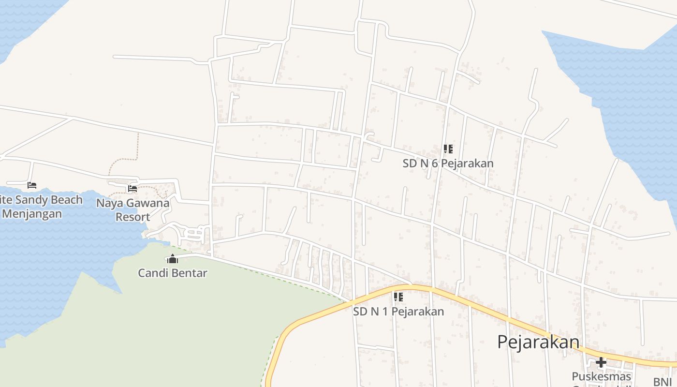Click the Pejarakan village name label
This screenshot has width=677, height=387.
[x=538, y=342]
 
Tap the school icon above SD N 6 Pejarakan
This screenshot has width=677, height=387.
[x=448, y=149]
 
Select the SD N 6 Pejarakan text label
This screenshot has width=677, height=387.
[x=448, y=164]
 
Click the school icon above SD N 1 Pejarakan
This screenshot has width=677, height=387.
[x=398, y=297]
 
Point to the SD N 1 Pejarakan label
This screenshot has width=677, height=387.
[x=398, y=312]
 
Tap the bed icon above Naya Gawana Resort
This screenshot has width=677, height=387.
[x=132, y=189]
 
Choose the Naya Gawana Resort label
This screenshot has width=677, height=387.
[x=132, y=209]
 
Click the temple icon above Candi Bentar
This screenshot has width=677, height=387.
[x=173, y=259]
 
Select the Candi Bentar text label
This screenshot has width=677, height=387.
[x=173, y=273]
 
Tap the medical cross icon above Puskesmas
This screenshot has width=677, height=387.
[x=601, y=362]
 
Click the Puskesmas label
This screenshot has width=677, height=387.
[x=601, y=376]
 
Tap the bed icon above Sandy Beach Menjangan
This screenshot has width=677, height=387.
[x=32, y=185]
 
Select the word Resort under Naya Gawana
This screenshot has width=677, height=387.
[x=132, y=217]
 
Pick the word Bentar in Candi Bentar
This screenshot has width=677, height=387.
[x=190, y=273]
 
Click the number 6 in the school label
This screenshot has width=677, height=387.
[x=435, y=164]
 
